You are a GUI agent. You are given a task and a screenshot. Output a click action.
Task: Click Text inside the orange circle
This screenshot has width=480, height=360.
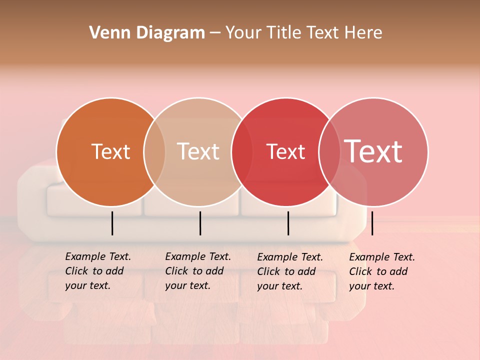(110, 151)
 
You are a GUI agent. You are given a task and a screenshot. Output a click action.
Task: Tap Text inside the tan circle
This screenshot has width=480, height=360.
(198, 151)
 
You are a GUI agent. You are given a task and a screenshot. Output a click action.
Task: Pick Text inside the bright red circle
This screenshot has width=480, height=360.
(285, 151)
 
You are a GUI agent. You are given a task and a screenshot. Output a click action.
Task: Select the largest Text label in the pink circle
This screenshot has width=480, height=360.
(373, 151)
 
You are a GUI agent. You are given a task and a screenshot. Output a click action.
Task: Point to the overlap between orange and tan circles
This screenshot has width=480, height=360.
(154, 152)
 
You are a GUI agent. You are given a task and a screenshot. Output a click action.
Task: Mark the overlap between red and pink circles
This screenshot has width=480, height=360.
(328, 152)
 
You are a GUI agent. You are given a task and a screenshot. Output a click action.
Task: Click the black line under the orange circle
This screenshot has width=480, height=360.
(112, 223)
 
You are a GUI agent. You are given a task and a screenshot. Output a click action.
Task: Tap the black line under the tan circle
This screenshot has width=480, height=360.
(200, 223)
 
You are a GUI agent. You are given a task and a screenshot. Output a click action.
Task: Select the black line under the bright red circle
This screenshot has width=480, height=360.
(288, 223)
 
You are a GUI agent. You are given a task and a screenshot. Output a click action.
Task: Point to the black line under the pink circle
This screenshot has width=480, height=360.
(372, 223)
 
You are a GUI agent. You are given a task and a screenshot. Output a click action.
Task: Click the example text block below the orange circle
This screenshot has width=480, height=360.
(97, 271)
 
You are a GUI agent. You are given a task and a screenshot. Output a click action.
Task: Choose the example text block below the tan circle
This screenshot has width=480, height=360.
(197, 271)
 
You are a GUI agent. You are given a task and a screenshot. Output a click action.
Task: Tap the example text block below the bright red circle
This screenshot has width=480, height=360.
(289, 271)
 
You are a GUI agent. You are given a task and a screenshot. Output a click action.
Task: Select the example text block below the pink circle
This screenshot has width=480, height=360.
(381, 271)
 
